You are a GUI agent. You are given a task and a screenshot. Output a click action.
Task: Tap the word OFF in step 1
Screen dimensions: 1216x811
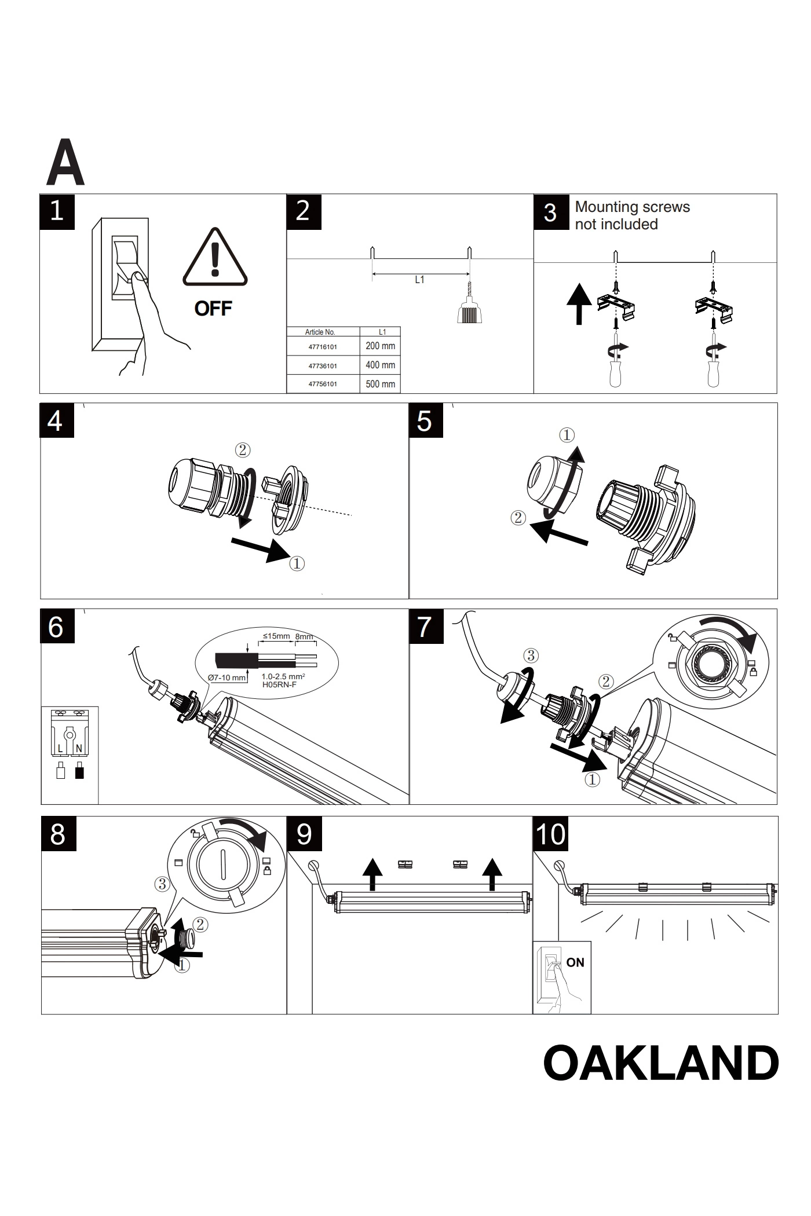[213, 309]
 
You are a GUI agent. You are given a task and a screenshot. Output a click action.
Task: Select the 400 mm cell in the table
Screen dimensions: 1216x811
[380, 365]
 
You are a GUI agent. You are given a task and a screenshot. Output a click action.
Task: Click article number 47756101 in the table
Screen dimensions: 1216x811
[323, 384]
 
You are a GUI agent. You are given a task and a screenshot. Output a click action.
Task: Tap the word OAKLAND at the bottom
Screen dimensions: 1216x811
[661, 1063]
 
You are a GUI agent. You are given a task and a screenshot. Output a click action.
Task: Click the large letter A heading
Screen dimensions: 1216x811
[65, 163]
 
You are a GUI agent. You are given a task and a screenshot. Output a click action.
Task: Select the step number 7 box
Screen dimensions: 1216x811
[426, 627]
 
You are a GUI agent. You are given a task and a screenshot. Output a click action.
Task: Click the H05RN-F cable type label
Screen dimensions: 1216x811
[280, 684]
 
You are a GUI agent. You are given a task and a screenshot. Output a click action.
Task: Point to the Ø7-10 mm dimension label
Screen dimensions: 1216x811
[227, 677]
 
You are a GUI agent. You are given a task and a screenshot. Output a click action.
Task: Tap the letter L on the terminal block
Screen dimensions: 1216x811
[60, 749]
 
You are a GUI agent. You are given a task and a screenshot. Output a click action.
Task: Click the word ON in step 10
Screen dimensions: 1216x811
[575, 962]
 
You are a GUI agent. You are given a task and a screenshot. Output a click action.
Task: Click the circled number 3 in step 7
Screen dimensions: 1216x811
[531, 655]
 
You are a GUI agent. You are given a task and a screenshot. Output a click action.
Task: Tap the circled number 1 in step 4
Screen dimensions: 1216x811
[296, 563]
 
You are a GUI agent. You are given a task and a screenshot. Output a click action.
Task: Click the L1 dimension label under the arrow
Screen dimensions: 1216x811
[419, 280]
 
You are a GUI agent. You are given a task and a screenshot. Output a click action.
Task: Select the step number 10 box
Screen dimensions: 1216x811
[550, 834]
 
